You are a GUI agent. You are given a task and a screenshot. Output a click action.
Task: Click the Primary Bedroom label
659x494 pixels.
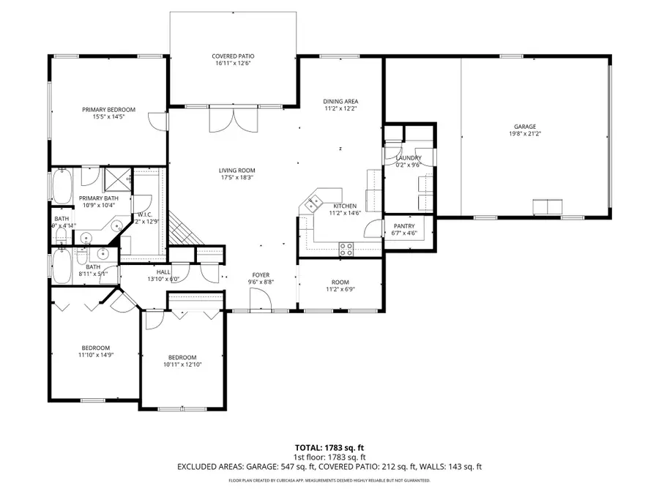click(109, 109)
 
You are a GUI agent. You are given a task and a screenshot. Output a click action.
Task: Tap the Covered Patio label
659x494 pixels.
click(233, 56)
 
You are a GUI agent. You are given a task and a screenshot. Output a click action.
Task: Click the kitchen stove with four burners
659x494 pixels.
click(346, 248)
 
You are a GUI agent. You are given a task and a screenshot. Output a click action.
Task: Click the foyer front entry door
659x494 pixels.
click(258, 300)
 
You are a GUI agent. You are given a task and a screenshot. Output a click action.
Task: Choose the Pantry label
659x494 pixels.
click(404, 226)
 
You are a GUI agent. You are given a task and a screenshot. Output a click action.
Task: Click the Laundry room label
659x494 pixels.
click(407, 158)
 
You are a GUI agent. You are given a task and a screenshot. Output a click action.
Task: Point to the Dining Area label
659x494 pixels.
click(340, 101)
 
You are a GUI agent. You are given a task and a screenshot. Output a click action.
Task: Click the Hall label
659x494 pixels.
click(163, 272)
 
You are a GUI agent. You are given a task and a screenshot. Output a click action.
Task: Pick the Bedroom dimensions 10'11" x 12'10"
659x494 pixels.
click(182, 364)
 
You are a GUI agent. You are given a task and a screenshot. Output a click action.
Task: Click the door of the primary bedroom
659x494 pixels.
click(156, 121)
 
